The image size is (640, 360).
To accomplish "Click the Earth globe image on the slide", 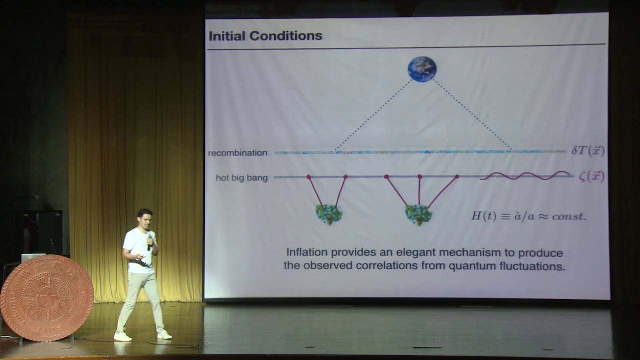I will [x=421, y=69].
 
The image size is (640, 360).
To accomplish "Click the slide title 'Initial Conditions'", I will [x=265, y=36].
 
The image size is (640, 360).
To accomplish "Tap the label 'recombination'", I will [x=237, y=152].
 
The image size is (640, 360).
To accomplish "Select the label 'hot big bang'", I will [x=241, y=177].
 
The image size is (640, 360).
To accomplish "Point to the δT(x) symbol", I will [x=587, y=151].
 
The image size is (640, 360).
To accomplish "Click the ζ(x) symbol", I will [x=591, y=176].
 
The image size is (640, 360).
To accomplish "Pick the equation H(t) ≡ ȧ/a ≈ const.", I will [x=528, y=216].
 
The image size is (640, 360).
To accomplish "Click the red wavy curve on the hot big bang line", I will [x=525, y=175].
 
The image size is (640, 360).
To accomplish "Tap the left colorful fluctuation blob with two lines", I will [x=328, y=214].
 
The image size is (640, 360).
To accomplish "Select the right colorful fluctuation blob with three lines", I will [x=418, y=215].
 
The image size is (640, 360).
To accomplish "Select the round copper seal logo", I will [x=46, y=298].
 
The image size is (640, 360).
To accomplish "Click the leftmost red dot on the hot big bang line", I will [x=308, y=177].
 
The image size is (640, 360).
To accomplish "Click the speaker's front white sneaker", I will [x=122, y=336].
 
